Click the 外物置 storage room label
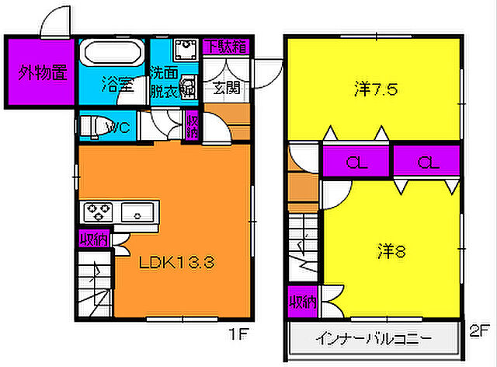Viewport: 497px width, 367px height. [42, 74]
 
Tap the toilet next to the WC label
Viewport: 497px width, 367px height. [92, 124]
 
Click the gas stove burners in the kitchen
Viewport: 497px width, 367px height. [99, 210]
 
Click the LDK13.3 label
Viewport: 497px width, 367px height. [177, 262]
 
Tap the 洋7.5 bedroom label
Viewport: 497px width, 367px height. [376, 89]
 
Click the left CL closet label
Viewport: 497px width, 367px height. [356, 163]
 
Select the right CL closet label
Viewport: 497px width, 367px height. [426, 163]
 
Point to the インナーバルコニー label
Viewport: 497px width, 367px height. [371, 340]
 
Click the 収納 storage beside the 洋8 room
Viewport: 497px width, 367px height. [304, 301]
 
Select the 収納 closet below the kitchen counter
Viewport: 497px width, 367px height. [96, 239]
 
